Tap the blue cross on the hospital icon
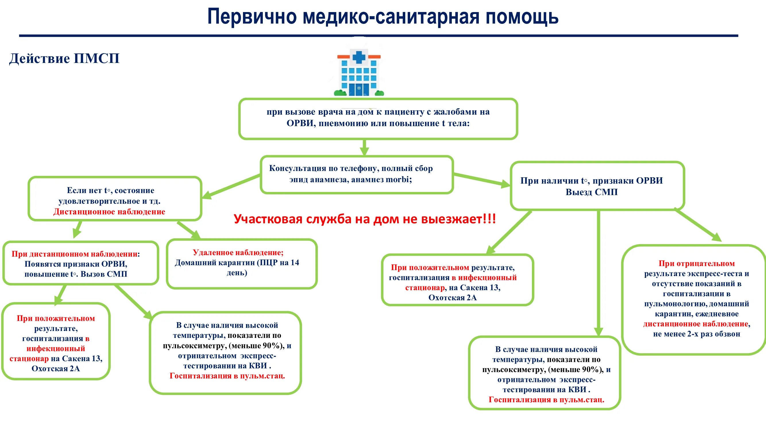click(359, 57)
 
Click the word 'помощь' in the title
click(522, 17)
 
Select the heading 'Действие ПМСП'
click(64, 58)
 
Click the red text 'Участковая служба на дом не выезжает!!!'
click(364, 219)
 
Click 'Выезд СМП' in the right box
click(591, 192)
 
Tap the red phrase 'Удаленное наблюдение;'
click(238, 253)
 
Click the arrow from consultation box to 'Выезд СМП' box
click(482, 180)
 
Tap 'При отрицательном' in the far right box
click(696, 263)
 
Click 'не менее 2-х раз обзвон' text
click(696, 334)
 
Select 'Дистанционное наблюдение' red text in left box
click(109, 212)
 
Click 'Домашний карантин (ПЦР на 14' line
click(237, 263)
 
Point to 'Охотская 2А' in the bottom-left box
click(56, 369)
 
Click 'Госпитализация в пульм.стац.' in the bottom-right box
click(546, 400)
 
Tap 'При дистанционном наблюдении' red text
click(75, 254)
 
